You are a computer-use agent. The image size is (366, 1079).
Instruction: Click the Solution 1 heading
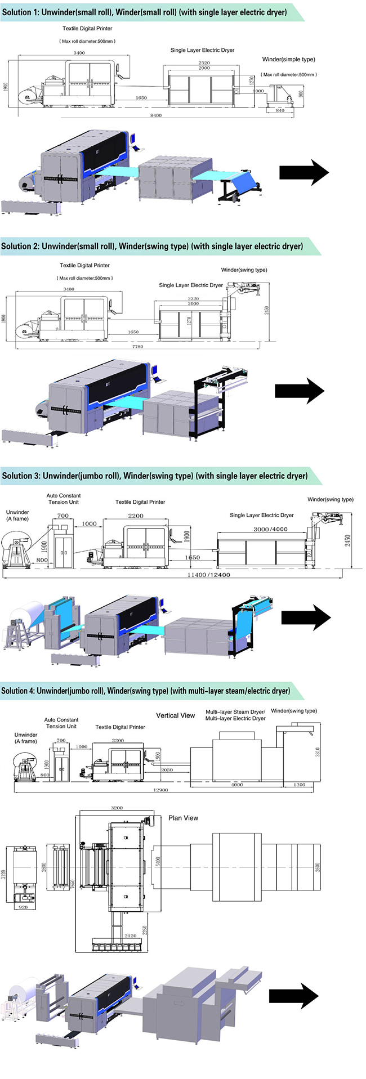pyautogui.click(x=145, y=12)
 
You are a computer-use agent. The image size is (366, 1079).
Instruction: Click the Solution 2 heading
pyautogui.click(x=152, y=246)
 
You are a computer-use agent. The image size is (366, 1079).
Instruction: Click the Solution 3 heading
pyautogui.click(x=155, y=476)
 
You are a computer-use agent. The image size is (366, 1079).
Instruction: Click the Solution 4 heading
pyautogui.click(x=146, y=691)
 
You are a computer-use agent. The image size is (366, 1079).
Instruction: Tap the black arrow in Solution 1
pyautogui.click(x=304, y=172)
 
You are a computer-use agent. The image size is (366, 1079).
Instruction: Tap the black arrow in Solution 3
pyautogui.click(x=306, y=617)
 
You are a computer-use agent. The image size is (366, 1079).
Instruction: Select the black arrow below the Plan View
pyautogui.click(x=293, y=996)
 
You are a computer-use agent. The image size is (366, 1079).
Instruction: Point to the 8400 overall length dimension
pyautogui.click(x=156, y=115)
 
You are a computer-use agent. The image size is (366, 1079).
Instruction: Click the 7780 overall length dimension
pyautogui.click(x=137, y=347)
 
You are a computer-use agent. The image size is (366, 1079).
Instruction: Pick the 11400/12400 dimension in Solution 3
pyautogui.click(x=208, y=575)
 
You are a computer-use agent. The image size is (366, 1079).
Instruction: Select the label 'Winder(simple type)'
pyautogui.click(x=288, y=59)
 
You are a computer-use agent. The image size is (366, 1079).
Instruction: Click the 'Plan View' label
pyautogui.click(x=183, y=818)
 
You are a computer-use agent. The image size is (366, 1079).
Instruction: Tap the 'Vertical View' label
pyautogui.click(x=175, y=715)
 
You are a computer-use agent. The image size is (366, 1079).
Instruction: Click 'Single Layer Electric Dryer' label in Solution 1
pyautogui.click(x=202, y=50)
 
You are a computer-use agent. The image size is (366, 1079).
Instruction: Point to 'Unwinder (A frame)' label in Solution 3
pyautogui.click(x=17, y=515)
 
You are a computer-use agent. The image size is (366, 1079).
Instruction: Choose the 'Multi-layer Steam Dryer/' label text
pyautogui.click(x=235, y=712)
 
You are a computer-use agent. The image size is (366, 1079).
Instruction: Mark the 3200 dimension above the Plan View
pyautogui.click(x=117, y=808)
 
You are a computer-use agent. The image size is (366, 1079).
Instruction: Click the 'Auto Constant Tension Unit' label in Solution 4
pyautogui.click(x=61, y=723)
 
